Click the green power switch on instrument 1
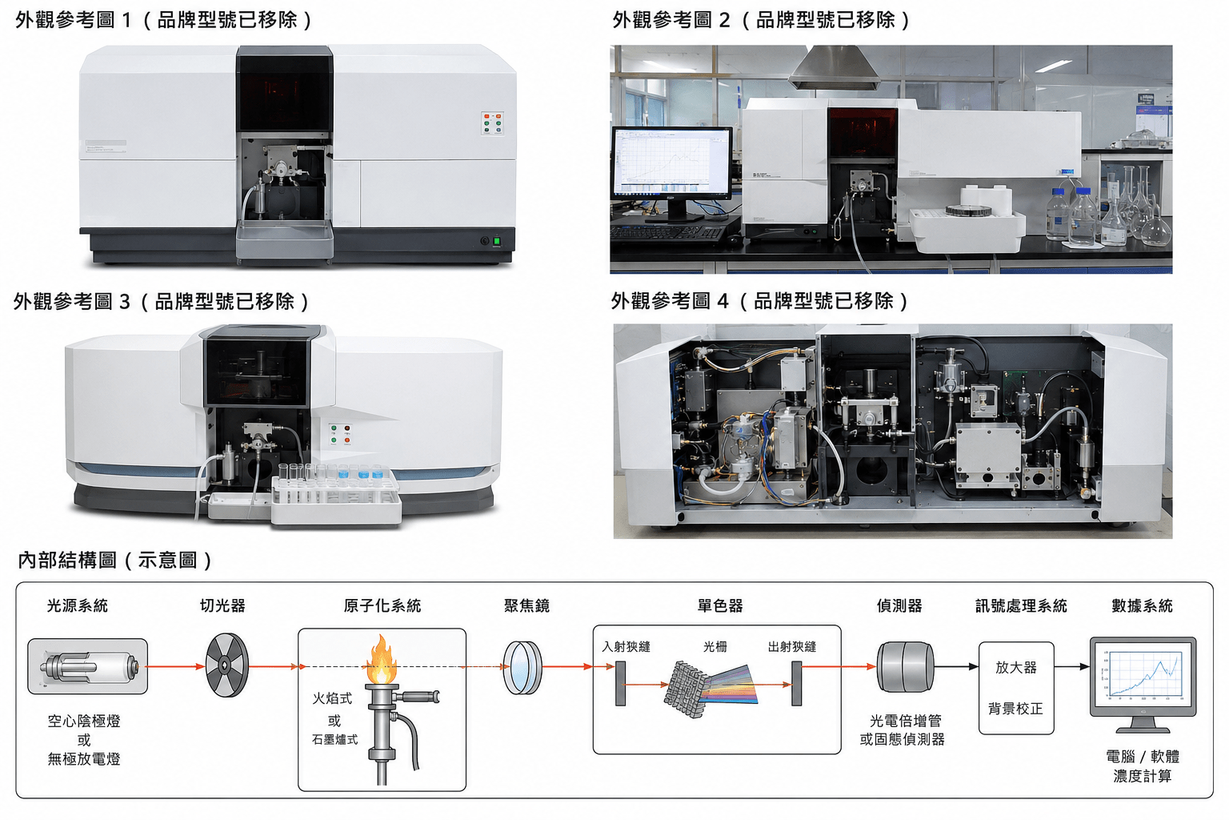[497, 240]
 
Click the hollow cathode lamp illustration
[88, 666]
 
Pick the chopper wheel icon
[226, 665]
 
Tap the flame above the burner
[382, 660]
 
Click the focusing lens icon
[522, 667]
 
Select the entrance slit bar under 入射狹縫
[621, 683]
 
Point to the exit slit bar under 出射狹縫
[797, 683]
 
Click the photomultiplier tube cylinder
[905, 667]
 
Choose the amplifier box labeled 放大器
[1016, 688]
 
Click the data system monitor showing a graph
[1143, 685]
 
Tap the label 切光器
[222, 606]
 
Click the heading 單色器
[720, 606]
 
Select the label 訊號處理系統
[1021, 606]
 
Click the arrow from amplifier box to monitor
[1072, 667]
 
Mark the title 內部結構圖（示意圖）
[114, 560]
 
